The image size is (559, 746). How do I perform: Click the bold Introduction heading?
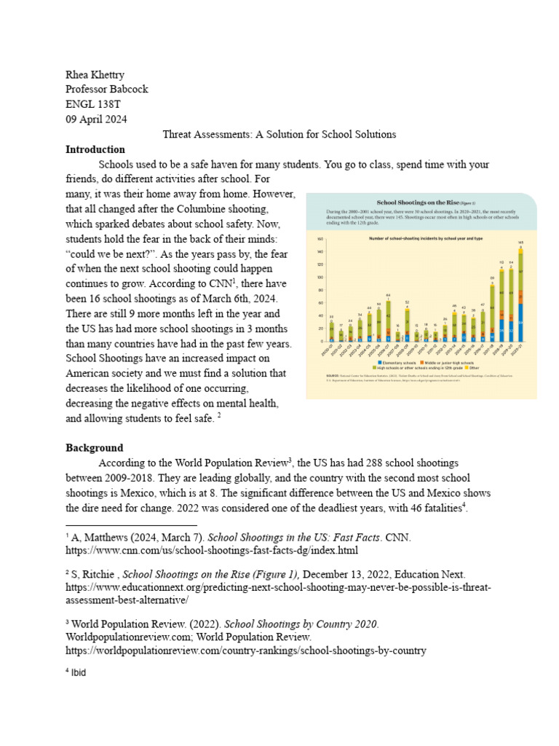(x=95, y=149)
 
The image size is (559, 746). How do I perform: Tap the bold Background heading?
(x=95, y=447)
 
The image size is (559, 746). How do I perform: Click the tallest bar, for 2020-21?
(x=520, y=299)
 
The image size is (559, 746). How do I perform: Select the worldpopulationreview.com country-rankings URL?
(x=246, y=650)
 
